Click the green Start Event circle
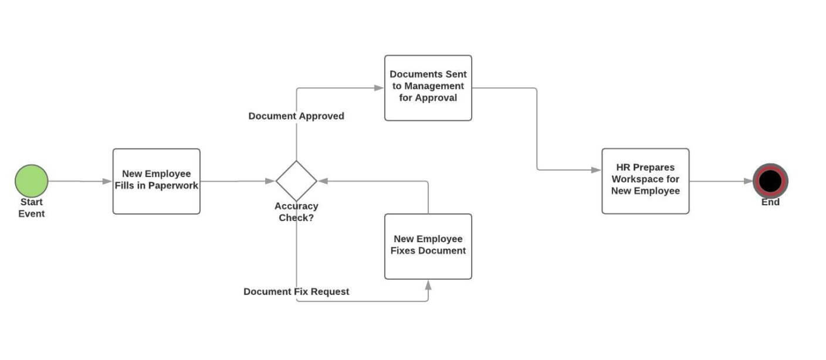31,181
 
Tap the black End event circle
770,181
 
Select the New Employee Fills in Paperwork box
156,181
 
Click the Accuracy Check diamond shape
296,181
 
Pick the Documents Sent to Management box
428,88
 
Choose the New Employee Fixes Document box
428,246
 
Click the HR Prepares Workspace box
645,181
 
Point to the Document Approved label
296,116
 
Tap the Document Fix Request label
296,291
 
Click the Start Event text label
31,208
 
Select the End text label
770,202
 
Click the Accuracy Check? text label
296,212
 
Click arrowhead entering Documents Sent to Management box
379,88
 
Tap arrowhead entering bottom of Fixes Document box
428,285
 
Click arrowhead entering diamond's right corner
323,181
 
